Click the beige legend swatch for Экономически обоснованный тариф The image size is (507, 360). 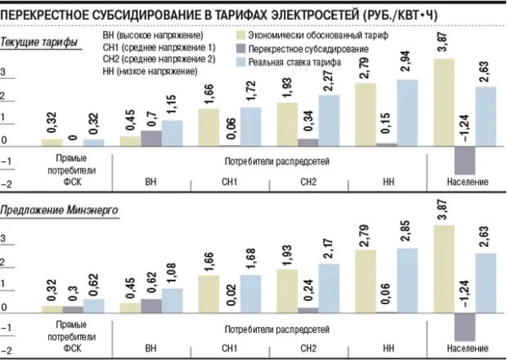pos(241,36)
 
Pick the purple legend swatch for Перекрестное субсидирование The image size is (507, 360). pos(241,49)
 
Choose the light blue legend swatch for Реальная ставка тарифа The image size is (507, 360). pos(241,62)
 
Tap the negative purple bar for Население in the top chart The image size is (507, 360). pos(464,159)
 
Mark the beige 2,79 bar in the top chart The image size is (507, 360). pos(366,114)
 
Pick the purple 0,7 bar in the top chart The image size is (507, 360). pos(151,137)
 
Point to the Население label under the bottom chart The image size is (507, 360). pos(465,349)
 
